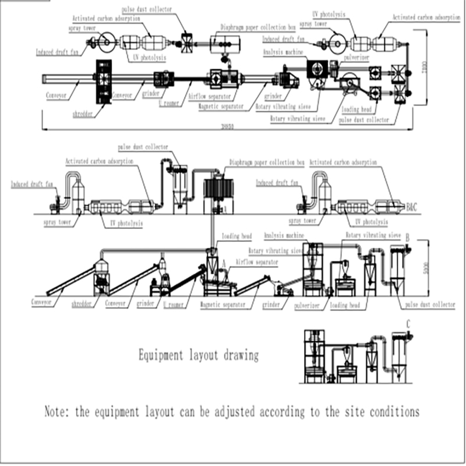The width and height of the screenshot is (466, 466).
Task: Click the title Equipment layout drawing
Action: (199, 355)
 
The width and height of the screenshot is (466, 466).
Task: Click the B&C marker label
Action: (412, 206)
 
